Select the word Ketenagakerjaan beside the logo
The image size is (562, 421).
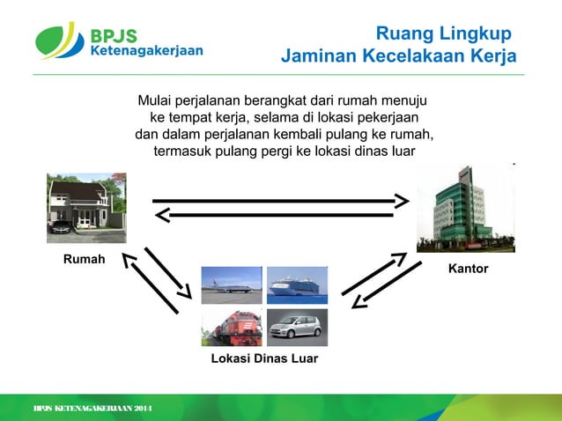[146, 51]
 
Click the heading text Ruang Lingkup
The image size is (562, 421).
[443, 34]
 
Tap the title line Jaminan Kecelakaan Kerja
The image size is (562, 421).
[398, 57]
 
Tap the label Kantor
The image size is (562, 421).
[468, 268]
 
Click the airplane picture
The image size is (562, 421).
[232, 285]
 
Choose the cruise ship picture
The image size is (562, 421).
[297, 285]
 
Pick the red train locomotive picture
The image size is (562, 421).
[232, 327]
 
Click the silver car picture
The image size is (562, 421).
[297, 327]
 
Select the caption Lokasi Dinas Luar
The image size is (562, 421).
[264, 359]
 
